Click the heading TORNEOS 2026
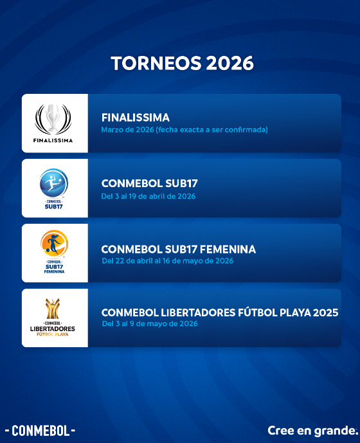coord(183,63)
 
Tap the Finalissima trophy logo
coord(53,119)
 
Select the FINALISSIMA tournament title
coord(136,118)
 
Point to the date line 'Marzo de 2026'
coord(184,130)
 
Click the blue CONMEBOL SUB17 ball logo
coord(54,183)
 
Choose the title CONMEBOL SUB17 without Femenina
coord(150,183)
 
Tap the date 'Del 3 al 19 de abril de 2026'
coord(148,196)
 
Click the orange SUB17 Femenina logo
coord(54,244)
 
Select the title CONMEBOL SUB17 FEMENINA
coord(179,249)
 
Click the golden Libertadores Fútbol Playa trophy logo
coord(53,309)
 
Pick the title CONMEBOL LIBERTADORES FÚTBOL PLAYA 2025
coord(220,312)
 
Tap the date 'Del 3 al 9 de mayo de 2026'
coord(150,323)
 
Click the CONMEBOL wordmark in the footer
coord(40,431)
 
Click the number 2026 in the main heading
coord(230,63)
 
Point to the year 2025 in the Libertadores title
coord(326,312)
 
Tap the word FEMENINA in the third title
coord(228,249)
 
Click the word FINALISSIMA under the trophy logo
coord(53,140)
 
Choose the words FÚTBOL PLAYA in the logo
coord(53,334)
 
